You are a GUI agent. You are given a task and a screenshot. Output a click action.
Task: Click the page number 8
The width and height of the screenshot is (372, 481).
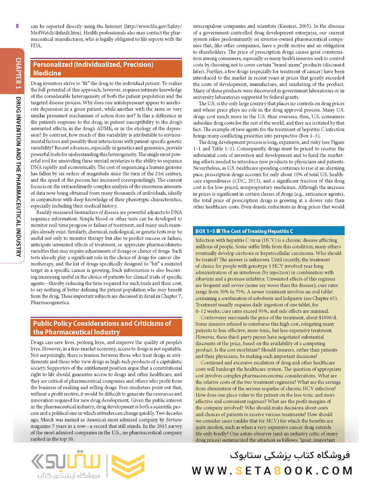coord(17,26)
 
